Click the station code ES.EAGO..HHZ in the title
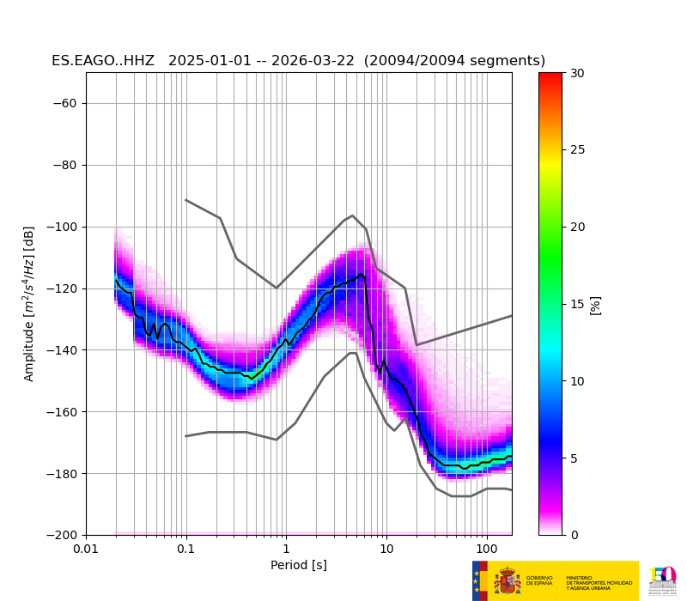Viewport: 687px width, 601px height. tap(103, 61)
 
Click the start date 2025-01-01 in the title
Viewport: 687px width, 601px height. tap(208, 61)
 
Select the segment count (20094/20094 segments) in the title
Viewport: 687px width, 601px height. tap(454, 61)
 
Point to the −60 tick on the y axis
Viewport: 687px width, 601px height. tap(66, 104)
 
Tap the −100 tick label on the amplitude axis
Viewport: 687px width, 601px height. tap(63, 228)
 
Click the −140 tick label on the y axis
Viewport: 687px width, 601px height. tap(63, 350)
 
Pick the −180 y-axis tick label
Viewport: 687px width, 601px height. tap(63, 474)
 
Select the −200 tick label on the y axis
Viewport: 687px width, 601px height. tap(63, 535)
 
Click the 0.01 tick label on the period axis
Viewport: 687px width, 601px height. tap(86, 549)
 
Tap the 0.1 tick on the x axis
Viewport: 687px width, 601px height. tap(186, 549)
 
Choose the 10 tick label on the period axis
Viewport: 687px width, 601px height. tap(386, 549)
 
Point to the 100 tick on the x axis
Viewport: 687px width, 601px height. tap(487, 549)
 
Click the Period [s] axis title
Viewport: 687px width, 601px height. tap(299, 565)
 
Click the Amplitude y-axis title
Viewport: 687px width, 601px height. tap(29, 304)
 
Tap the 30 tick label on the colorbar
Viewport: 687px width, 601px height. tap(577, 74)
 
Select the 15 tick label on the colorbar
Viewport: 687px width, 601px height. tap(577, 304)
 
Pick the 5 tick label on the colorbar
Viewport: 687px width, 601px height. tap(574, 458)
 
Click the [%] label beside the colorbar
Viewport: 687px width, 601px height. tap(595, 305)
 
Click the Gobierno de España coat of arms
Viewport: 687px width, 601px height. tap(508, 581)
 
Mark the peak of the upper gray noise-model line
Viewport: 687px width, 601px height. tap(353, 216)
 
